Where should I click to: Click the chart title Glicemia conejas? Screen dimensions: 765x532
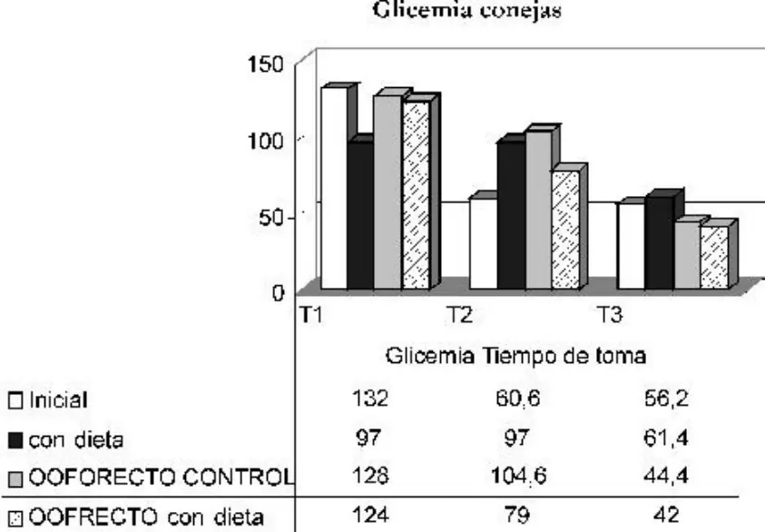pos(467,9)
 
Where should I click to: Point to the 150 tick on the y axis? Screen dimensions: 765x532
pos(265,64)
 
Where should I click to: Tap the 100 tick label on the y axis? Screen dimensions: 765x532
pos(265,141)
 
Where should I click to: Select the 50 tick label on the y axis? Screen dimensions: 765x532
pos(271,218)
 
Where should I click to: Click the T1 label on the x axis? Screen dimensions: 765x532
pos(310,315)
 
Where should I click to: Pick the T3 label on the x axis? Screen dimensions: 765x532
pos(609,315)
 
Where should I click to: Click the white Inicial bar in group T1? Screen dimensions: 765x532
pos(334,189)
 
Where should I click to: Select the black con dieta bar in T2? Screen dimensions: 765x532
pos(511,215)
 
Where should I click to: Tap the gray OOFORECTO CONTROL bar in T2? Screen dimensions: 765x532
pos(539,210)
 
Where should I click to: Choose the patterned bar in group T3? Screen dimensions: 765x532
pos(714,257)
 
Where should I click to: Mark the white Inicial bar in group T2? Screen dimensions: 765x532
pos(484,243)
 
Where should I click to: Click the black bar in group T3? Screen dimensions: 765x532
pos(660,243)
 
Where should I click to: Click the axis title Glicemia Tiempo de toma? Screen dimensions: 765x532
pos(515,356)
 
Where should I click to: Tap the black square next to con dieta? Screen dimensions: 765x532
pos(15,440)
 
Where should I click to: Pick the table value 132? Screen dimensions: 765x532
pos(370,399)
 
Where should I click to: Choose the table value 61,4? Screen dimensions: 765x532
pos(666,438)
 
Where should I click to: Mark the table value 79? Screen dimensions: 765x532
pos(516,515)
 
